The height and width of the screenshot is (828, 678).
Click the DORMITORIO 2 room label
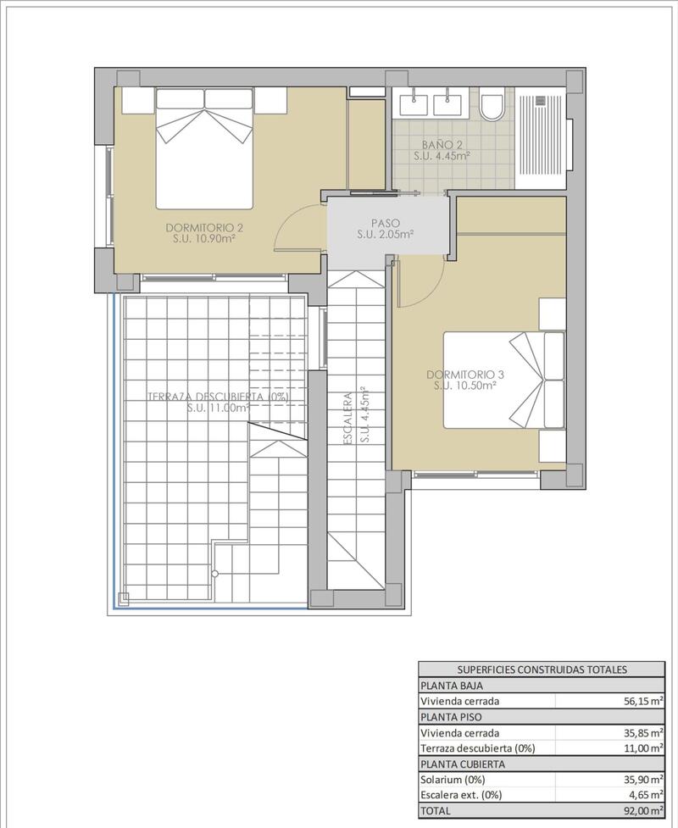pyautogui.click(x=204, y=227)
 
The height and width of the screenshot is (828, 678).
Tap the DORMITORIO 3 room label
pyautogui.click(x=464, y=374)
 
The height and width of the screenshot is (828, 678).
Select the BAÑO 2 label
pyautogui.click(x=442, y=144)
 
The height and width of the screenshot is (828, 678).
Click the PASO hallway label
pyautogui.click(x=384, y=223)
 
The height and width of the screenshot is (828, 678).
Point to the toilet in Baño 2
pyautogui.click(x=491, y=107)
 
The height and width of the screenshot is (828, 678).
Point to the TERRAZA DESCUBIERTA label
pyautogui.click(x=218, y=397)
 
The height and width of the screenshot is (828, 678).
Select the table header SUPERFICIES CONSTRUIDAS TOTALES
pyautogui.click(x=542, y=670)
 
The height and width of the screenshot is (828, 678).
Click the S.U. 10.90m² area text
pyautogui.click(x=204, y=239)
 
